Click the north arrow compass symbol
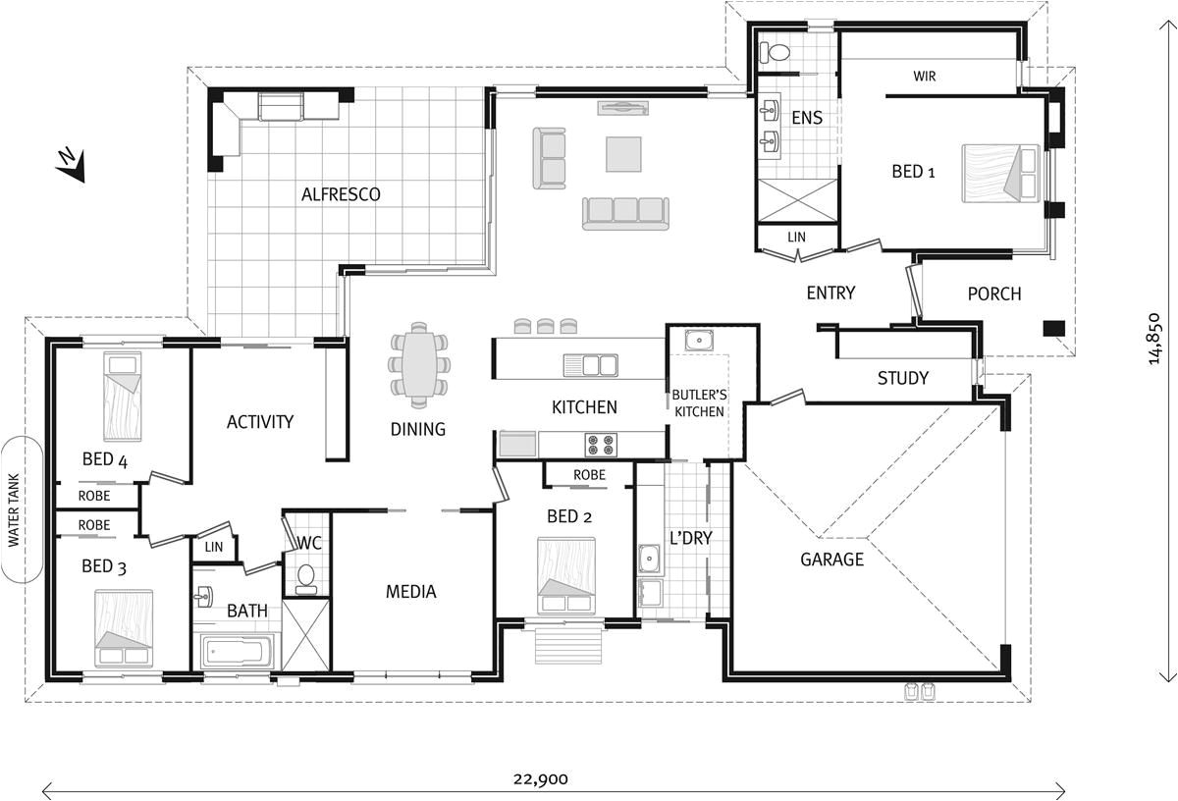coord(70,165)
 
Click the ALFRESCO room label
coord(341,194)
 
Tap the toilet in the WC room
coord(306,578)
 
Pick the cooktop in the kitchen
coord(600,445)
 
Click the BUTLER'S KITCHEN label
coord(698,403)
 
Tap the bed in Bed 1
coord(998,174)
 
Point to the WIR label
coord(924,76)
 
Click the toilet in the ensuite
coord(779,51)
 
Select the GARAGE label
coord(831,560)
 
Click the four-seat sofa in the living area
coord(624,212)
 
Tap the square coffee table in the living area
coord(623,154)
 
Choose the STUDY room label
coord(902,378)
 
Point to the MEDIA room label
coord(410,591)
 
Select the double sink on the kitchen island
coord(590,365)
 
